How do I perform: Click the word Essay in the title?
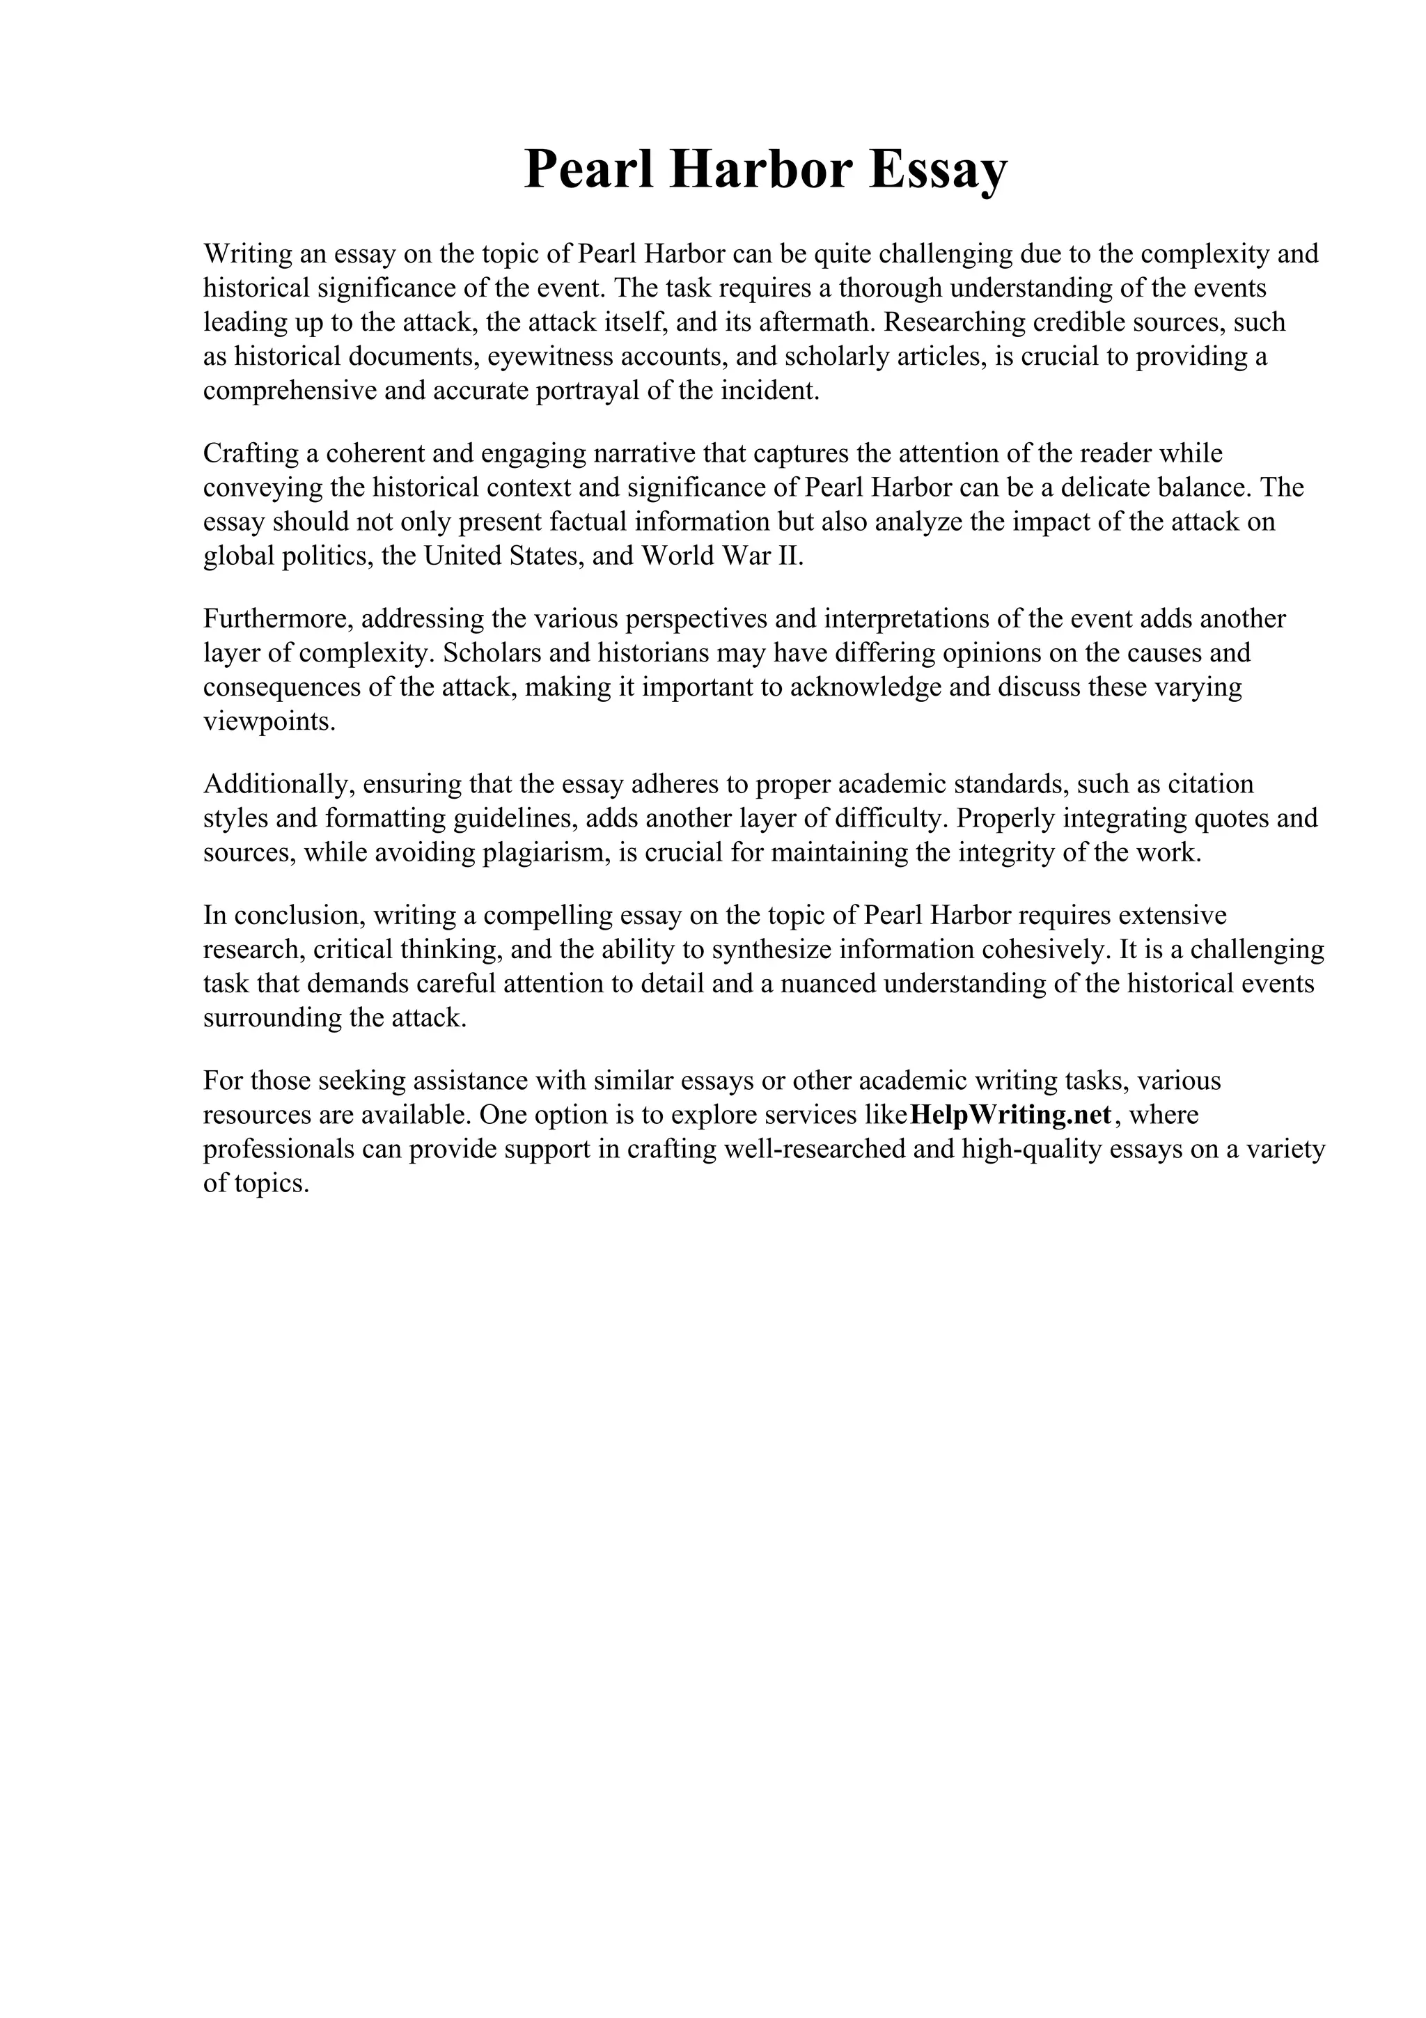tap(939, 170)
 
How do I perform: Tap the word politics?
tap(329, 556)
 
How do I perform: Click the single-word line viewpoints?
tap(269, 721)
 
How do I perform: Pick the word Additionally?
tap(278, 784)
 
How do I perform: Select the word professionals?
tap(281, 1150)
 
